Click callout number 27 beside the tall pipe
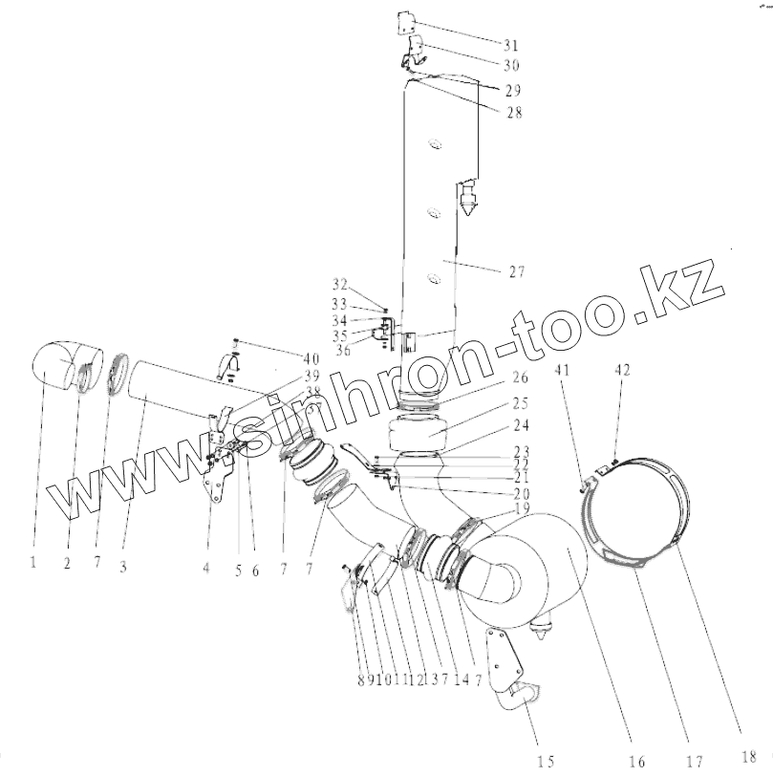click(516, 271)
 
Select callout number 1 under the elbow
click(32, 563)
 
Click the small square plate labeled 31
click(406, 24)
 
